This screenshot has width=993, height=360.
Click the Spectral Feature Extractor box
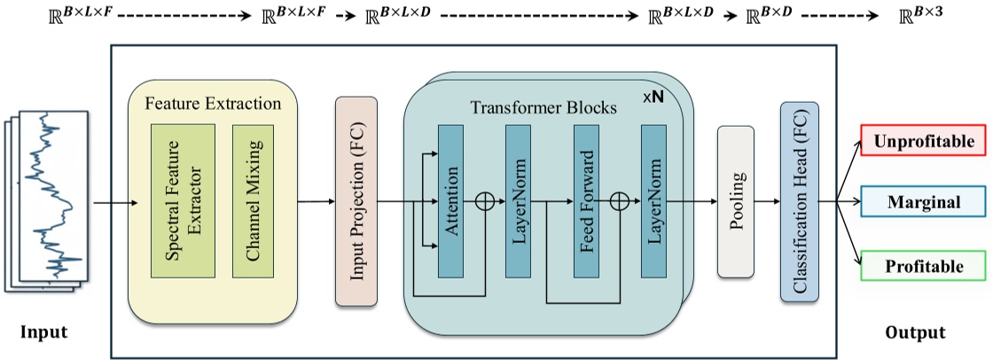tap(183, 198)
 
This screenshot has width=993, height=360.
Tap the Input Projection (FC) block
tap(356, 202)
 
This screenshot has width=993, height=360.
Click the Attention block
tap(450, 201)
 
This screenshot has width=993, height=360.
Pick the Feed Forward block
tap(586, 201)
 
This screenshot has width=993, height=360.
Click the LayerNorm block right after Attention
tap(518, 201)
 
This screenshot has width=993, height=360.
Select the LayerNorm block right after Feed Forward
tap(653, 201)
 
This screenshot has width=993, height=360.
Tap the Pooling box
tap(734, 201)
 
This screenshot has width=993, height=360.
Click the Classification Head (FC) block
tap(800, 202)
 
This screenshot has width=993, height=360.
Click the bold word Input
tap(44, 333)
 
